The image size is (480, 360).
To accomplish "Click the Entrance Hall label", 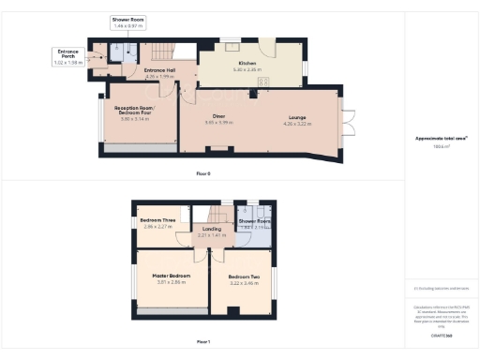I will (161, 70).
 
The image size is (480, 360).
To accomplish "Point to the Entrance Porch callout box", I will (67, 57).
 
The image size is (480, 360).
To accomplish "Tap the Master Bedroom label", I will (171, 275).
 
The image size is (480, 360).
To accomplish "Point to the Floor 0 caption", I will (203, 173).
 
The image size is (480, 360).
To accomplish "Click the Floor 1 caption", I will (203, 343).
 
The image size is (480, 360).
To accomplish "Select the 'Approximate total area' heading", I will (441, 138).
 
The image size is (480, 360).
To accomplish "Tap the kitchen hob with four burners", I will (264, 82).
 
